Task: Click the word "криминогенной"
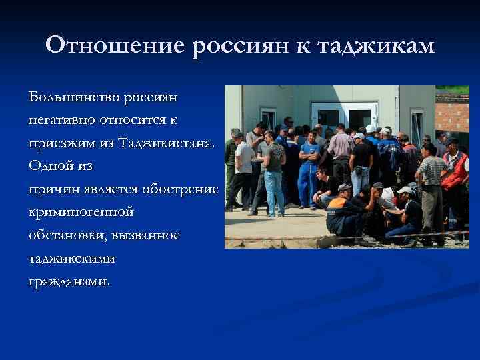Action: (81, 211)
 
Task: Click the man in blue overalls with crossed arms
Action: (309, 167)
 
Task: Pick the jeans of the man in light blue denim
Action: (274, 190)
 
